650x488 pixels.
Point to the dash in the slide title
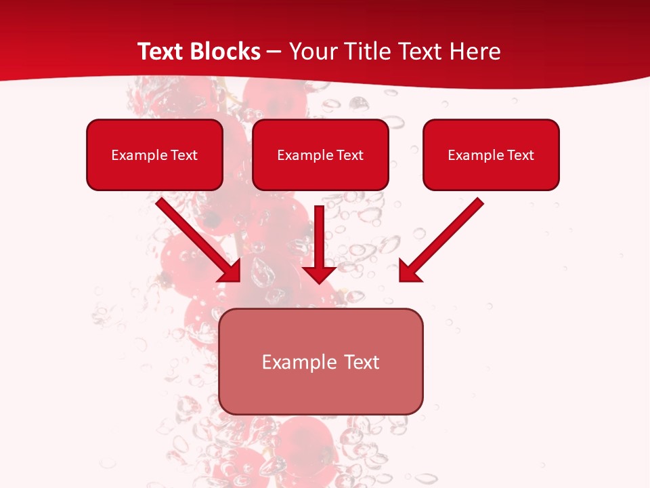[x=274, y=52]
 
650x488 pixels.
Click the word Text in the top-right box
[x=521, y=155]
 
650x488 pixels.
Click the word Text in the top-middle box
[x=350, y=155]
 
